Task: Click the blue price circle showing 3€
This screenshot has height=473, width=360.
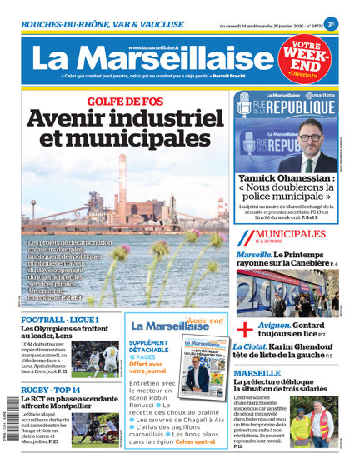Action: coord(332,25)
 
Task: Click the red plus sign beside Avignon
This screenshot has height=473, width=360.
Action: coord(245,329)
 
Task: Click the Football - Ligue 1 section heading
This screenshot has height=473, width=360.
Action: coord(60,320)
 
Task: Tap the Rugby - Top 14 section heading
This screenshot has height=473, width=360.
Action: coord(51,390)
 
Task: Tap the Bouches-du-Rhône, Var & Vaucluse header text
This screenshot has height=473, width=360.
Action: coord(92,25)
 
